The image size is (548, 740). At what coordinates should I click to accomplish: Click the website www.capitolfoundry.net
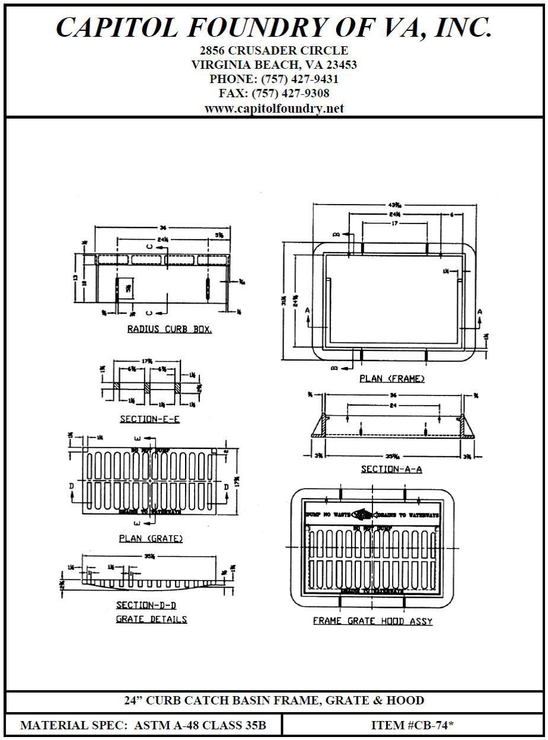pos(274,109)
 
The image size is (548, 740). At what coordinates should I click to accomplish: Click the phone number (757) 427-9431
pos(296,79)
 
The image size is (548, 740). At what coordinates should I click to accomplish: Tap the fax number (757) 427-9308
pos(291,94)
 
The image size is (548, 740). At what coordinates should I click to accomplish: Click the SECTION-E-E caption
pos(149,419)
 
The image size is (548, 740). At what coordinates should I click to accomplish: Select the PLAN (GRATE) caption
pos(151,538)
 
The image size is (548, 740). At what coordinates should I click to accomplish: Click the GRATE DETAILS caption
pos(151,620)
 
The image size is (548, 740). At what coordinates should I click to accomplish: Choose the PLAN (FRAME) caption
pos(392,378)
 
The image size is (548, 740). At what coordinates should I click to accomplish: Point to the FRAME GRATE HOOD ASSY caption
pos(372,621)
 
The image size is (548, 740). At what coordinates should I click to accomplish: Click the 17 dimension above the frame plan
pos(394,224)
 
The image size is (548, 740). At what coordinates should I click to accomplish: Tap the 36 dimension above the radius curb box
pos(163,228)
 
